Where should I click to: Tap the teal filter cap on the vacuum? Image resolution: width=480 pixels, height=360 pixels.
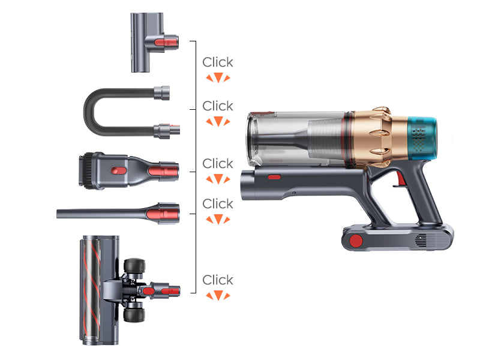pos(422,139)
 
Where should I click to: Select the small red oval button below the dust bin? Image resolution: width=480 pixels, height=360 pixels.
pos(274,177)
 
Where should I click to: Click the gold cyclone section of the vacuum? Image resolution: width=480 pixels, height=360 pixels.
pos(380,136)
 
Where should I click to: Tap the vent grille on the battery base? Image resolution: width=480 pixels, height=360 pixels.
pos(421,240)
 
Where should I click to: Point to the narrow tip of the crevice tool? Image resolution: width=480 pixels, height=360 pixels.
pos(58,214)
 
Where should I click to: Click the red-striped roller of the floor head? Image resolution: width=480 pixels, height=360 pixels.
pos(91,290)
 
